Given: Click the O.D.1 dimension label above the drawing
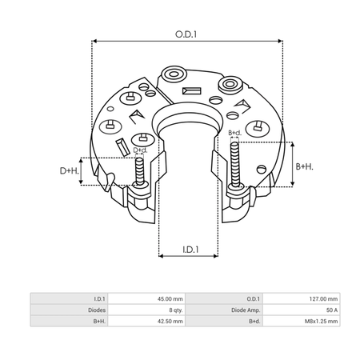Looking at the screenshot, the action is [x=186, y=34].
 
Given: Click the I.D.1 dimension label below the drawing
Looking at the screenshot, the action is [x=190, y=250].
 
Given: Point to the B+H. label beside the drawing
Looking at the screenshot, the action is [x=305, y=166].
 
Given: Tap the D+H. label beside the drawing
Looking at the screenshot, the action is [x=70, y=170].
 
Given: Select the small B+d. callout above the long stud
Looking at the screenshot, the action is [x=234, y=133].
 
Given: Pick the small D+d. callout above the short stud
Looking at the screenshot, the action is [x=140, y=150].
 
